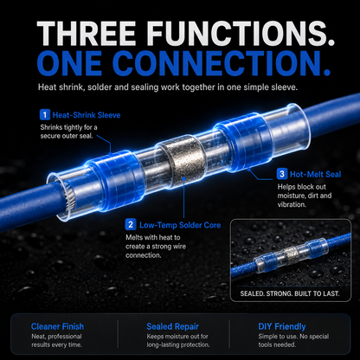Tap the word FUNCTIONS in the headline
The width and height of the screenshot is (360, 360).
tap(229, 33)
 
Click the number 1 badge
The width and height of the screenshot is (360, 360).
tap(44, 115)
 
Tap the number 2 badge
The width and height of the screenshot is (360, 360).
tap(131, 225)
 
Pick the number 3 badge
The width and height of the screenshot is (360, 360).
tap(281, 174)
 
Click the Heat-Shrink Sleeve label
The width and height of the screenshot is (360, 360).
tap(87, 115)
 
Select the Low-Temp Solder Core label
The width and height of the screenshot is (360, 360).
tap(180, 225)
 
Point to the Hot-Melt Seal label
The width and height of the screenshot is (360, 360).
tap(315, 174)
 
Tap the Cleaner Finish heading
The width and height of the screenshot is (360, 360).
tap(57, 326)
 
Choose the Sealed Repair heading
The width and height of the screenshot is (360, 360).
tap(172, 326)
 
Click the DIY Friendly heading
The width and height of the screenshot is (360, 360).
tap(282, 326)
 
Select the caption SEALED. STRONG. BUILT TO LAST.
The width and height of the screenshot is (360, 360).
tap(290, 293)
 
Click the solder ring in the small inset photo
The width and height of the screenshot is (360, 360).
tap(291, 254)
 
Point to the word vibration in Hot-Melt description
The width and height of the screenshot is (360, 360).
tap(291, 204)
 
